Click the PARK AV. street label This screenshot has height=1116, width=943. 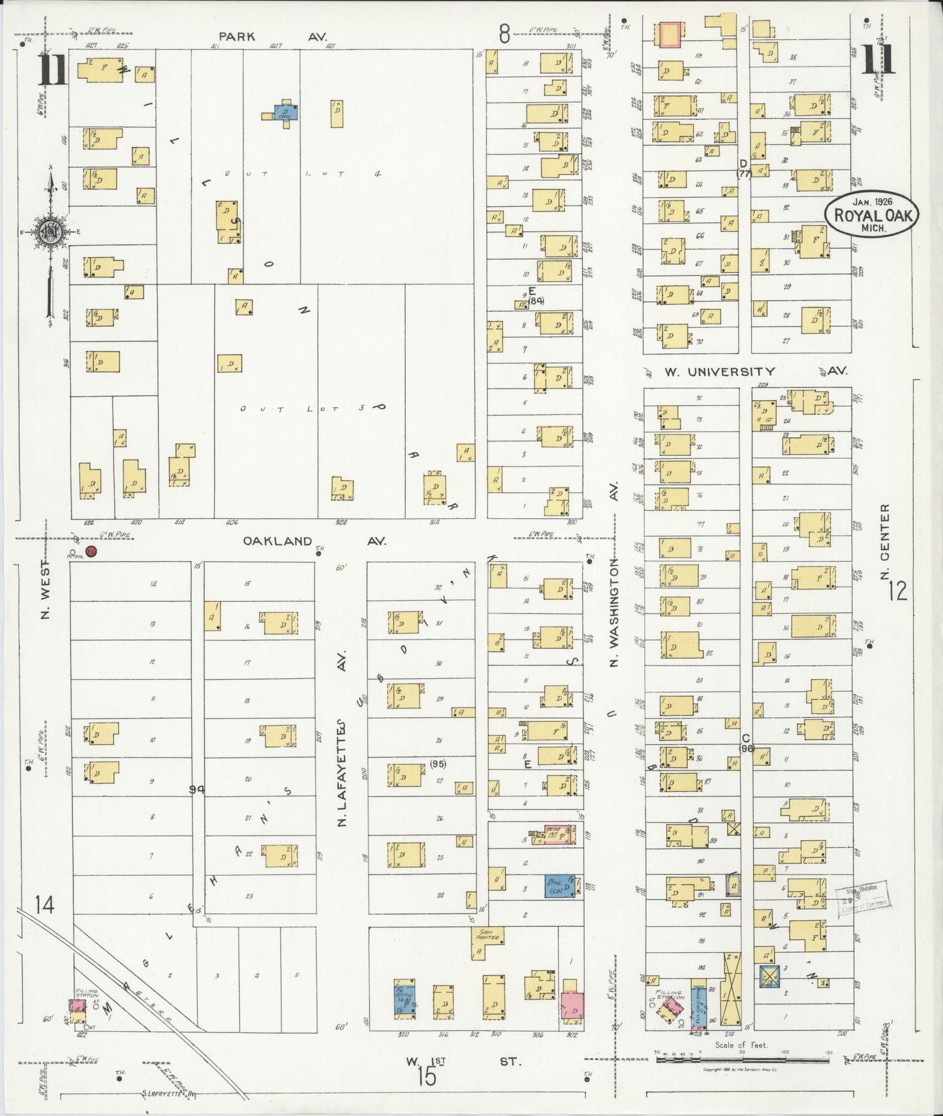point(272,37)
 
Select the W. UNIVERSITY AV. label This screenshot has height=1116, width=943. point(755,371)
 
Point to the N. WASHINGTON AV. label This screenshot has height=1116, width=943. point(613,574)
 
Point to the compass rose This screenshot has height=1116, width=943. point(50,232)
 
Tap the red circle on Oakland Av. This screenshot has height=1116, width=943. point(91,551)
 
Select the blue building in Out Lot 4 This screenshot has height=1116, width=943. point(285,112)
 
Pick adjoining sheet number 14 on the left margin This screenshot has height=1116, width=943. point(44,905)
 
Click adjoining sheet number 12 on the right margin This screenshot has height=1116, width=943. point(897,591)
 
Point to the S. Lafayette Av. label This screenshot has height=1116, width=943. point(169,1094)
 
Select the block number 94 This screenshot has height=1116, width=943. point(196,790)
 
